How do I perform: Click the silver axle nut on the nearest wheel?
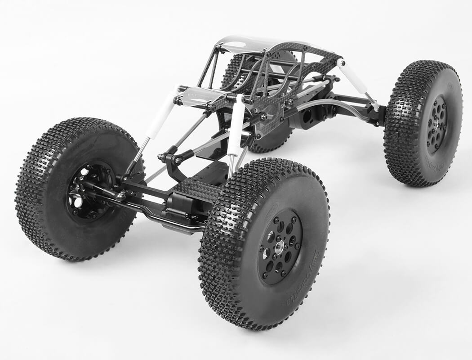[x=280, y=246]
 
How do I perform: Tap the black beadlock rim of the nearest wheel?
[x=270, y=265]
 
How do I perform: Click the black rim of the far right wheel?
[x=437, y=124]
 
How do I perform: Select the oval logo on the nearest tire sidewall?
[x=272, y=216]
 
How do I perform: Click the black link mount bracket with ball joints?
[x=173, y=157]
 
